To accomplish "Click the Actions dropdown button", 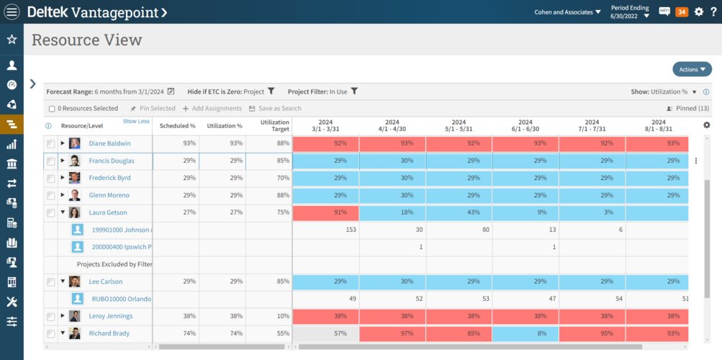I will [692, 69].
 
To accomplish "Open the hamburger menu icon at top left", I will [12, 12].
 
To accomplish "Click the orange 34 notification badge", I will [682, 12].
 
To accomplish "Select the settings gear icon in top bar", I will [698, 12].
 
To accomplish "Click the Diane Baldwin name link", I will [109, 143].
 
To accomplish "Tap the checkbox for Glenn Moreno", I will [51, 195].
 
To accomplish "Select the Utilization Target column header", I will [274, 126].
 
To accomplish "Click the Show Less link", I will [136, 122].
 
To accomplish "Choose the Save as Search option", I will [275, 109].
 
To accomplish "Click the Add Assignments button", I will [212, 109].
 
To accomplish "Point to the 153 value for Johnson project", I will [351, 230].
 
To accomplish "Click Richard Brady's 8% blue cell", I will [525, 333].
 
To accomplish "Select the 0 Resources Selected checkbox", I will [52, 109].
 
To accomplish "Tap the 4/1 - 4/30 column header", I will [392, 126].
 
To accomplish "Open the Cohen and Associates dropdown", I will [567, 12].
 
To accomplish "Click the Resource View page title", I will [87, 40].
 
